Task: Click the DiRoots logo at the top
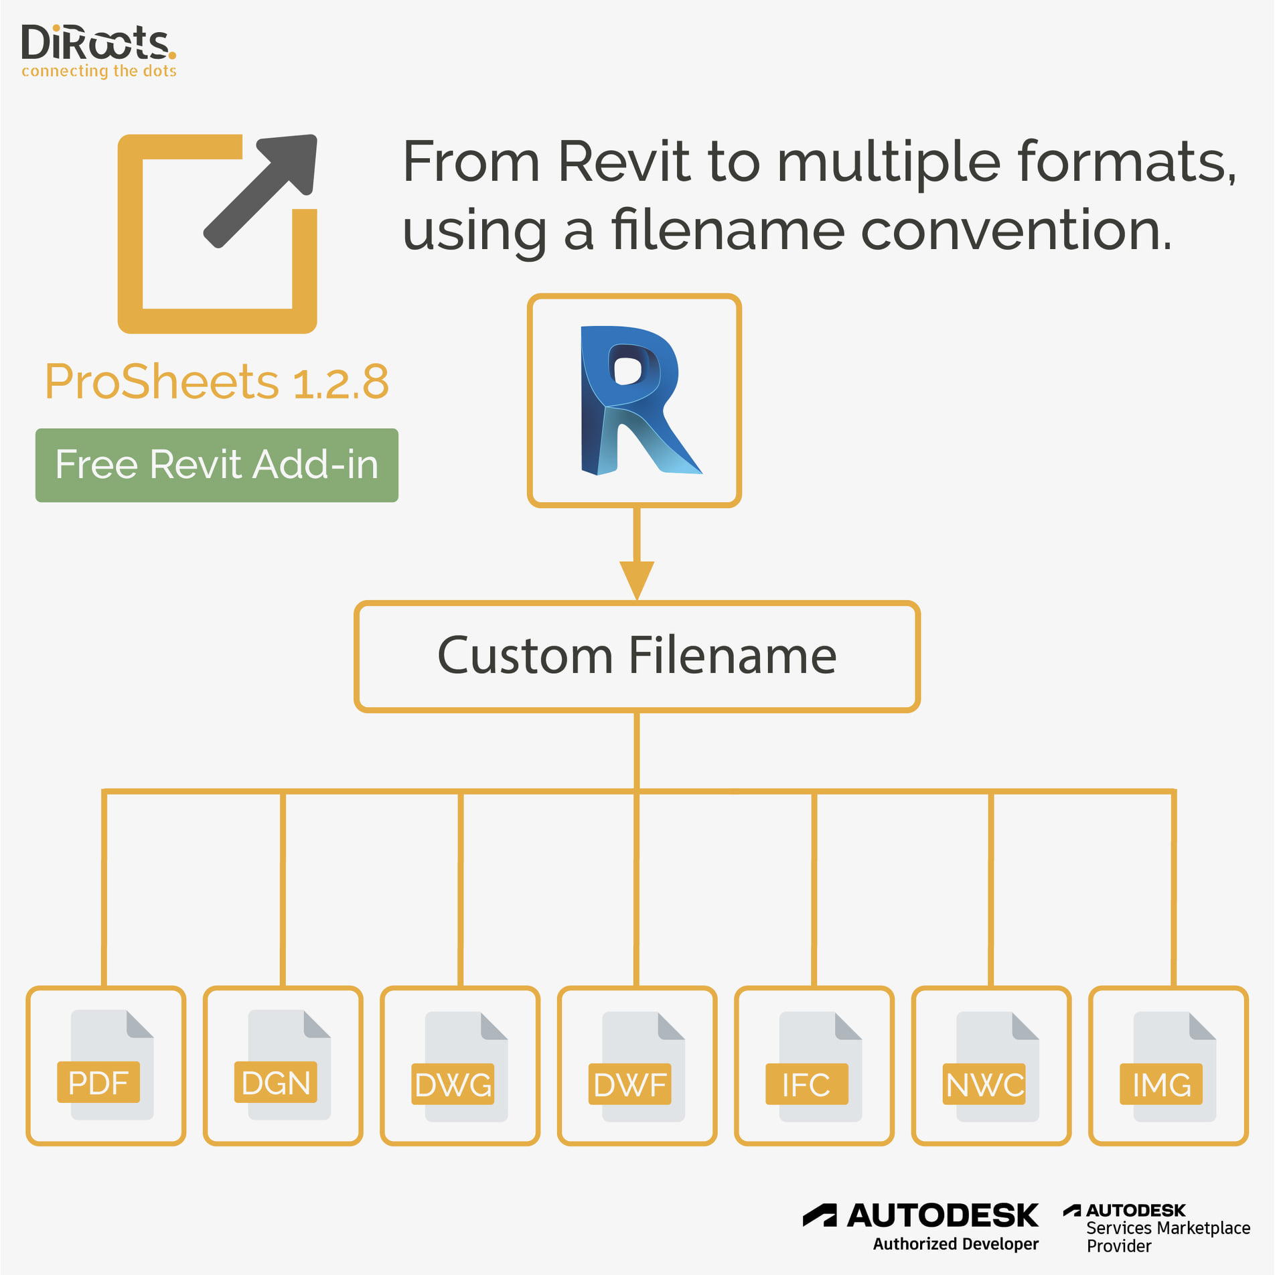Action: point(98,51)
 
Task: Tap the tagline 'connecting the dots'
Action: point(99,71)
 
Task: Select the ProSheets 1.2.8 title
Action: point(216,382)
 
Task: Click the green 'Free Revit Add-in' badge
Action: point(217,465)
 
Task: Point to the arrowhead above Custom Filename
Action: point(636,580)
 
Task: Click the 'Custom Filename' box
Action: point(637,656)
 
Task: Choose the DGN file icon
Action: point(283,1065)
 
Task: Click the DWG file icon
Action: point(460,1066)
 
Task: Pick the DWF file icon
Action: point(637,1066)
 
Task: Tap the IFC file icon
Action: point(814,1066)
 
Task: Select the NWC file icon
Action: point(991,1066)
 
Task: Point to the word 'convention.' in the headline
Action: point(1017,230)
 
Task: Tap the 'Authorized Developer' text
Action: point(956,1244)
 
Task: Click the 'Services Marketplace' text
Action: point(1168,1227)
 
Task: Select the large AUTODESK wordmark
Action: point(943,1215)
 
